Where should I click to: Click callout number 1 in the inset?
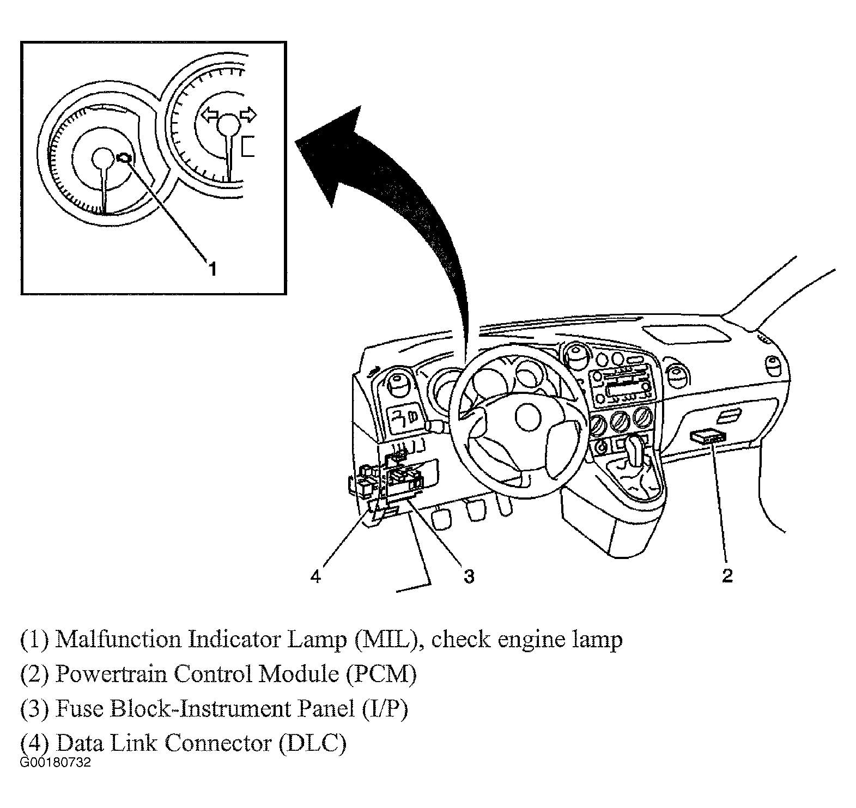[x=213, y=268]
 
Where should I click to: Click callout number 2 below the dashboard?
[x=727, y=575]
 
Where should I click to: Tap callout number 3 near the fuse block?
[x=469, y=575]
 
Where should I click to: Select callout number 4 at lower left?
[x=317, y=575]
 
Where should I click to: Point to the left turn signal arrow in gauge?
[x=209, y=115]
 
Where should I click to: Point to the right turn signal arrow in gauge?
[x=247, y=115]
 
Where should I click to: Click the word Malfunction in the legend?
[x=118, y=639]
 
